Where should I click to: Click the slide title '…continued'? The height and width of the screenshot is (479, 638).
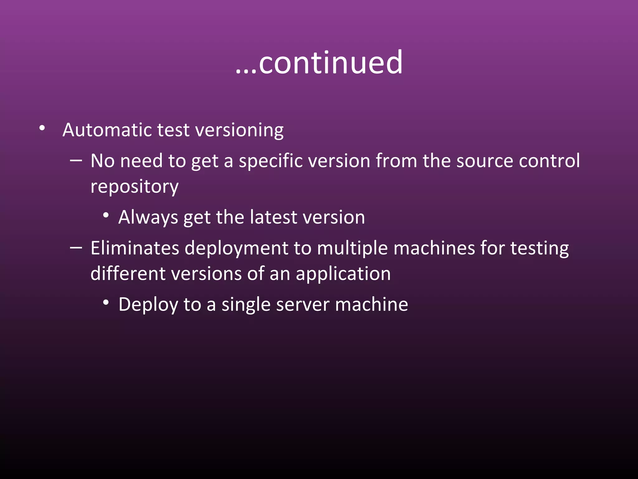pos(319,63)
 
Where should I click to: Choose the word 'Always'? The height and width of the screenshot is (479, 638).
pos(148,217)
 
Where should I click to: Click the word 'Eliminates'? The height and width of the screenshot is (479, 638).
pos(135,248)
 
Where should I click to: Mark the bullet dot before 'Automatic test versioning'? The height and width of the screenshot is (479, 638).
pos(42,128)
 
